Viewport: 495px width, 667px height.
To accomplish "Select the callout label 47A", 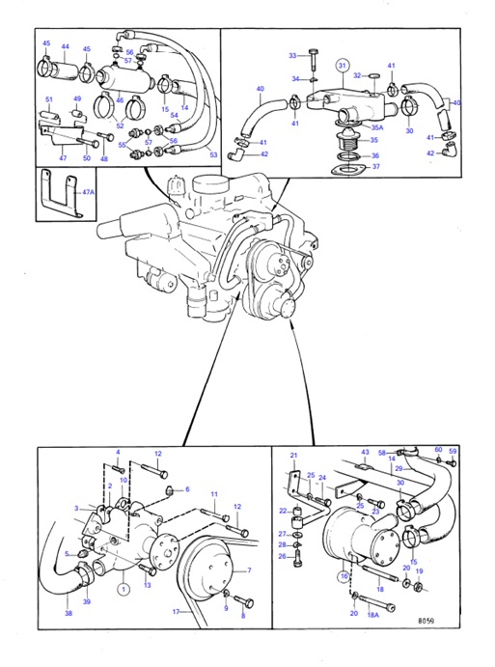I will click(89, 193).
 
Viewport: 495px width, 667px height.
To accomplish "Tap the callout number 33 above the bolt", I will click(292, 56).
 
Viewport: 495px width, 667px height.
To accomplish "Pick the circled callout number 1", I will click(124, 586).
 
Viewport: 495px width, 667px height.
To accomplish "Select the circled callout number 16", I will click(344, 576).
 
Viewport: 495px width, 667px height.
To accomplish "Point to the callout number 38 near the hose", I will click(68, 612).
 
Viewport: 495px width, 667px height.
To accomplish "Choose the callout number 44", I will click(66, 46).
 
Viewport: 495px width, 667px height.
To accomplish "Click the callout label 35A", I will click(378, 125).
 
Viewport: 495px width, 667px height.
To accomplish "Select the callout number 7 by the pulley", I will click(249, 570).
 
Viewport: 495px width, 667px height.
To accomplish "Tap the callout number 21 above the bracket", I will click(295, 455).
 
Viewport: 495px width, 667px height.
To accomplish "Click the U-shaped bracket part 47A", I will click(60, 196).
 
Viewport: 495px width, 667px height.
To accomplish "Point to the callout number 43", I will click(366, 453).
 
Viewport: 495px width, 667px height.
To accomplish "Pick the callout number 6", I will click(186, 489).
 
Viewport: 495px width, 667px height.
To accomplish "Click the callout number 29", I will click(399, 468).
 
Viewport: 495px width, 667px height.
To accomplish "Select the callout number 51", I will click(47, 98).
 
